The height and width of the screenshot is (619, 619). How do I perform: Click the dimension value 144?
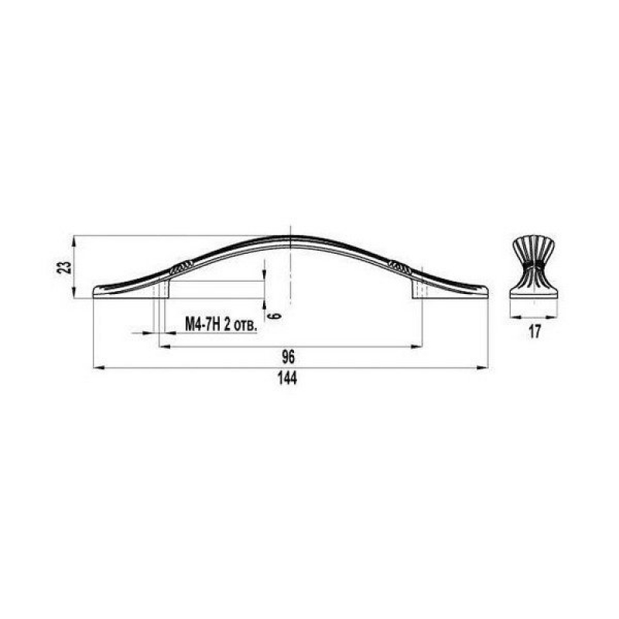click(x=287, y=378)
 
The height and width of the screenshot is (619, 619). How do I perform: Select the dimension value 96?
click(x=289, y=357)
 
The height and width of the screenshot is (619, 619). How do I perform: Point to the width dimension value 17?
click(x=535, y=332)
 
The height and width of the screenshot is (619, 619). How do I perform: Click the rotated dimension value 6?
click(x=276, y=315)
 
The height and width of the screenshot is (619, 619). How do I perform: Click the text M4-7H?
click(x=203, y=325)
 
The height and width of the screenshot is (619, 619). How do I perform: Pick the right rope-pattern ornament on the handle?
click(x=399, y=267)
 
